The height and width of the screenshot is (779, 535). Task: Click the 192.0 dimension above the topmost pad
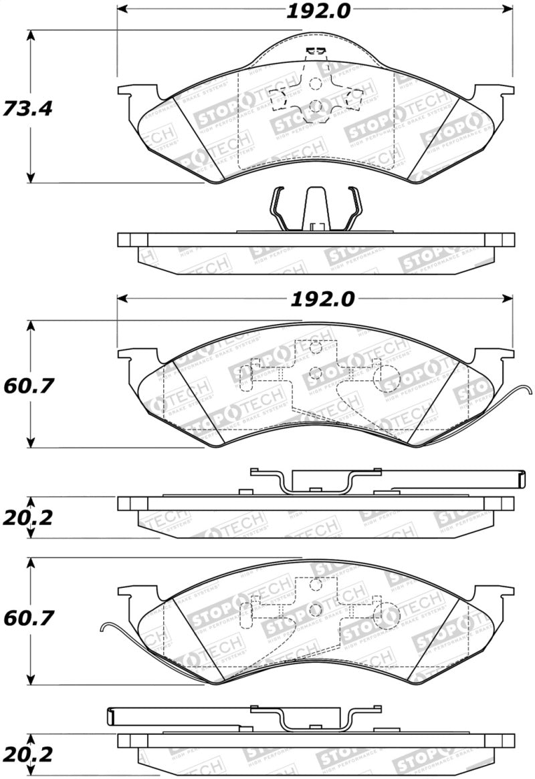(314, 11)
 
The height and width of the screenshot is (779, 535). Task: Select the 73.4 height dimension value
(27, 108)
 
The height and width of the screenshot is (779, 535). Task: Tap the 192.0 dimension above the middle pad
(314, 299)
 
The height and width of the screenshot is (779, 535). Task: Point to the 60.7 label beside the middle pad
(27, 385)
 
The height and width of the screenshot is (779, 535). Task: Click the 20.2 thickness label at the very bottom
(27, 755)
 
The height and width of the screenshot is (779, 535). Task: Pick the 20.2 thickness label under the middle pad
(27, 517)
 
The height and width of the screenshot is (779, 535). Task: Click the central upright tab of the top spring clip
(315, 207)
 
